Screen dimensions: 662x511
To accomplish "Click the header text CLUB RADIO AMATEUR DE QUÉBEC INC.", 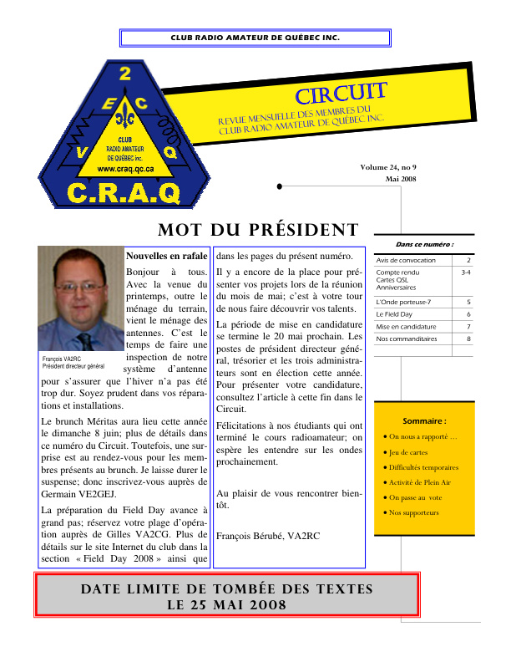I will click(x=255, y=38).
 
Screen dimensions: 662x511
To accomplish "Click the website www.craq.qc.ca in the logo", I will click(x=125, y=168).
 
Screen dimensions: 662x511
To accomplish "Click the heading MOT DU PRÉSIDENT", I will click(x=257, y=231).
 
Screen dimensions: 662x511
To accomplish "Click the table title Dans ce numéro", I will click(x=424, y=245).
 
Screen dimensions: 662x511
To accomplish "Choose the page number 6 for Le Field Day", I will click(x=468, y=313).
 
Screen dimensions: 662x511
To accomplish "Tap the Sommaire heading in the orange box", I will click(x=424, y=421).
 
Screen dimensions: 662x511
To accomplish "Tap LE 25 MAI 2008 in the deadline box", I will click(x=226, y=604).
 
